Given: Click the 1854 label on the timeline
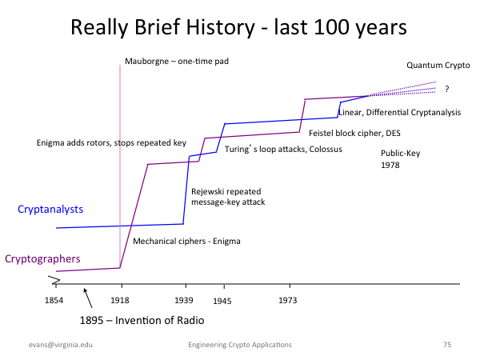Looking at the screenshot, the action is (x=54, y=300).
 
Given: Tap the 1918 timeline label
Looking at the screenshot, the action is (x=120, y=300).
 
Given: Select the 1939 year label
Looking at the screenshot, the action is (x=184, y=300).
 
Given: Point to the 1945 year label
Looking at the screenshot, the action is (x=222, y=302).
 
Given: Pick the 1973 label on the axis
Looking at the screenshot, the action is (x=288, y=300).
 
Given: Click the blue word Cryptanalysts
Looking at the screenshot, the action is (x=50, y=210).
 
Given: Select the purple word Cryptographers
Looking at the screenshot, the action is (x=42, y=259).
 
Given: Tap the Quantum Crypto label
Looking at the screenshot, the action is (x=438, y=66).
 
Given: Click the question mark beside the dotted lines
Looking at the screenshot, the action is (x=447, y=89).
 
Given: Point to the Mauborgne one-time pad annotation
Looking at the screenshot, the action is (x=177, y=62).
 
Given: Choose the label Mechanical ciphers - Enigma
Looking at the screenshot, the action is (x=186, y=242).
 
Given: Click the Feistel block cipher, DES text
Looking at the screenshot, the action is (x=354, y=133).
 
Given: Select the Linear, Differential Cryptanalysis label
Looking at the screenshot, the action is (x=399, y=113).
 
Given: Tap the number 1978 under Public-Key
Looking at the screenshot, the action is (x=390, y=166).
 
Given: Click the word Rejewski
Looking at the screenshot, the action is (x=207, y=192).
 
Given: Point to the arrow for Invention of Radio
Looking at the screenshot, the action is (x=88, y=298).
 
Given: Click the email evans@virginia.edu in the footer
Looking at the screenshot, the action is (x=61, y=345).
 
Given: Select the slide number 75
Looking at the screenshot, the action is (x=447, y=345).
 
